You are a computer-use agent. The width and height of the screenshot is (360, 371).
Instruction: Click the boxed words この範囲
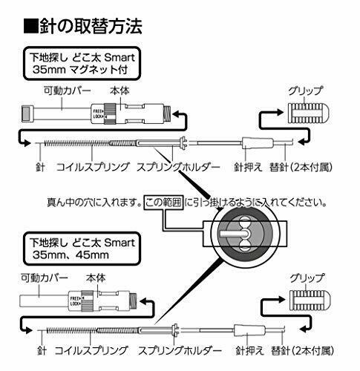[x=164, y=200]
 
